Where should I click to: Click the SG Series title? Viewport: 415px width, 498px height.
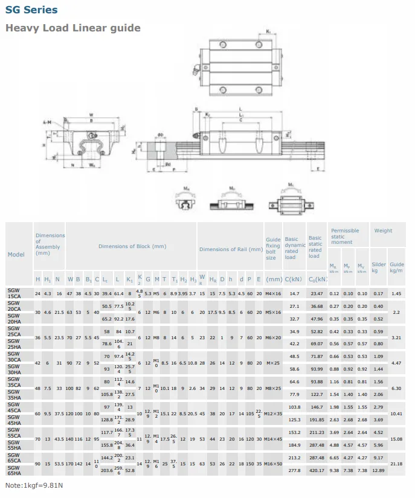[x=31, y=10]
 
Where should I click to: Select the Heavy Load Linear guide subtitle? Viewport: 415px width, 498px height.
[x=73, y=28]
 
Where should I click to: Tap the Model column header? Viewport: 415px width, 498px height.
[x=16, y=254]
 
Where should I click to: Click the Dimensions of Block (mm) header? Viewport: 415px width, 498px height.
[x=132, y=246]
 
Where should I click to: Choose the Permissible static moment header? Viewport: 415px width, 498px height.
[x=344, y=236]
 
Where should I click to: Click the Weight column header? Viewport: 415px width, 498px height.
[x=383, y=231]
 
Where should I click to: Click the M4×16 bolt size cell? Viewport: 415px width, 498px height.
[x=273, y=294]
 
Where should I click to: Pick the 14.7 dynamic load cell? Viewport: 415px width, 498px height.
[x=295, y=294]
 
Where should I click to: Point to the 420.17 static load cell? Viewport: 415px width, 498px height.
[x=317, y=470]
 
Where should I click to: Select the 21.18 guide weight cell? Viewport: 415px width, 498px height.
[x=396, y=464]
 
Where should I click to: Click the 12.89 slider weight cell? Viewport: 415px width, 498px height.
[x=378, y=470]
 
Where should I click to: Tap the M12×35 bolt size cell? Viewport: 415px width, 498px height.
[x=273, y=413]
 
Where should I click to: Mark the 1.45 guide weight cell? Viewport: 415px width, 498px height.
[x=396, y=294]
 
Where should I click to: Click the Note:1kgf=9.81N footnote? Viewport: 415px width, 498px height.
[x=34, y=486]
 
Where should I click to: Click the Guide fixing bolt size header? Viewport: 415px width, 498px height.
[x=273, y=249]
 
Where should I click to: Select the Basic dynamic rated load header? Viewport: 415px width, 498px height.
[x=295, y=249]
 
